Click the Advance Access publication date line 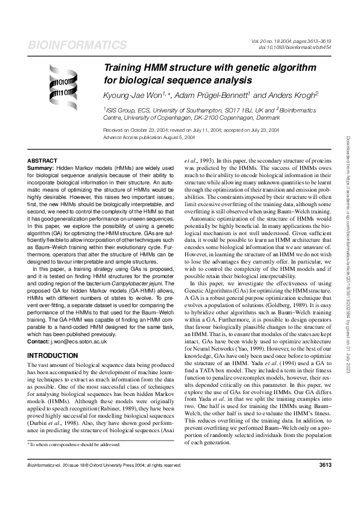tap(149, 137)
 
